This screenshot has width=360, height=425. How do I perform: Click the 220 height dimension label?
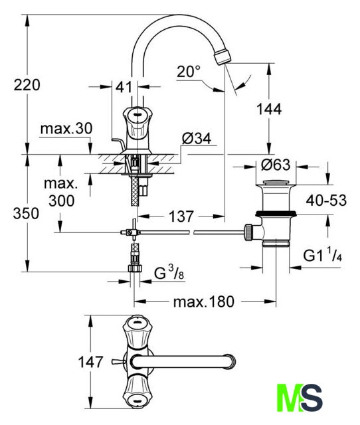click(27, 85)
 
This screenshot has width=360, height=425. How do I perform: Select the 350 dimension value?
click(26, 213)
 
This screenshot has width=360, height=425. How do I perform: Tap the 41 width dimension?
click(124, 87)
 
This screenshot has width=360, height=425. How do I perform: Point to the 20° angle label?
click(189, 72)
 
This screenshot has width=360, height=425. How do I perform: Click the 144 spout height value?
click(269, 109)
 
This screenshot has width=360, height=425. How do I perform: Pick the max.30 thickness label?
click(66, 129)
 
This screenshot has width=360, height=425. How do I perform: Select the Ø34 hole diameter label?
click(197, 139)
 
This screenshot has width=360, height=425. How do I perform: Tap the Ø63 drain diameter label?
click(276, 165)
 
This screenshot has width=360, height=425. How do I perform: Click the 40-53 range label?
click(326, 201)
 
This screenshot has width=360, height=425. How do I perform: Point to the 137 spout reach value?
click(181, 216)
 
